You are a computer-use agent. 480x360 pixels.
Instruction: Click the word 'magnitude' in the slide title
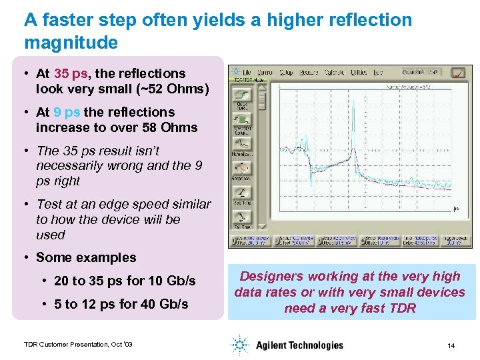coord(71,43)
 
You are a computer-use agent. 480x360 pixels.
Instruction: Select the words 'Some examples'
coord(86,257)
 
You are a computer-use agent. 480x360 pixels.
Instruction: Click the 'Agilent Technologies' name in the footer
coord(299,345)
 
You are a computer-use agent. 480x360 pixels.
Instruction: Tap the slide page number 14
coord(451,345)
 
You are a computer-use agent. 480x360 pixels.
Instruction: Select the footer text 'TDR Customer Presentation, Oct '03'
coord(78,345)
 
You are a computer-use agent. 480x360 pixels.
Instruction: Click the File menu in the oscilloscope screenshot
coord(247,72)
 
